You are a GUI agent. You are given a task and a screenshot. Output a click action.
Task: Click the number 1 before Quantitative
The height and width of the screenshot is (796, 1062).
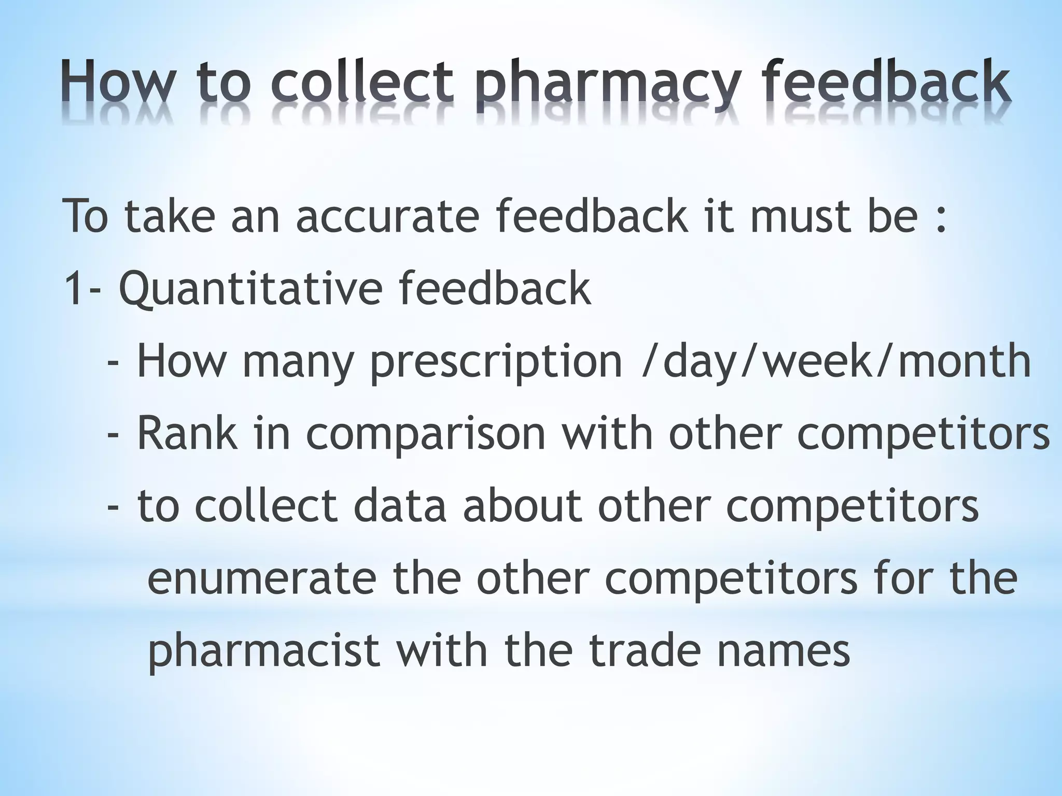pyautogui.click(x=72, y=289)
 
